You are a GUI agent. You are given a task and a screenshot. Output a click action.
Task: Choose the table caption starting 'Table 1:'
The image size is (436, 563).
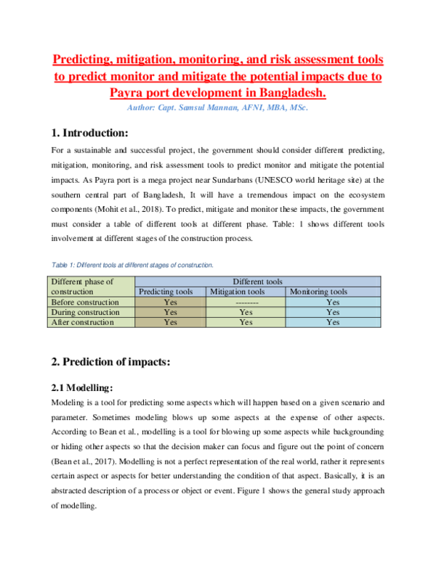[x=132, y=266]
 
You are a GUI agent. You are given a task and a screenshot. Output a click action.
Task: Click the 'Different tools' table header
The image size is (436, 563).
[x=257, y=281]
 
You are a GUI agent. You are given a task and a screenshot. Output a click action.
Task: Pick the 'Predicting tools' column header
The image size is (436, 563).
[x=166, y=292]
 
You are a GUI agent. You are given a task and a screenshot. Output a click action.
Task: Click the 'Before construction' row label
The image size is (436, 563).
[x=84, y=302]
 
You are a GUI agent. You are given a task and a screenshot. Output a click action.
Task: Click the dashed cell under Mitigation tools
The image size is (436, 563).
[x=247, y=302]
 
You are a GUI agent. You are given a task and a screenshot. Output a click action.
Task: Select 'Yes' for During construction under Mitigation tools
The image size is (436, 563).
[x=247, y=312]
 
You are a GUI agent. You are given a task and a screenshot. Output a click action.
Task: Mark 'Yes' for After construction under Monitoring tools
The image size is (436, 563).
[x=333, y=322]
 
